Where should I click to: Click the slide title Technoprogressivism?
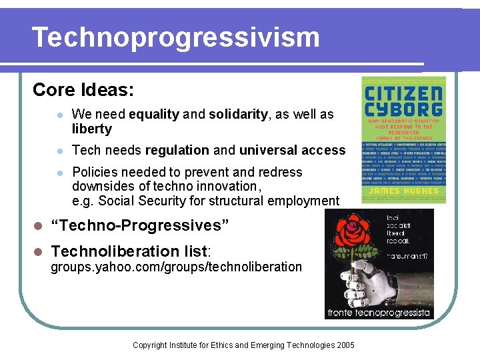[x=175, y=37]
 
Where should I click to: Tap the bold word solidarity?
[x=238, y=114]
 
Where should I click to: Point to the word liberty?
[x=91, y=129]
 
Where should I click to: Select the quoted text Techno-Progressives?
[x=140, y=225]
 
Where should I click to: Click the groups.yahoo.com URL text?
[x=177, y=267]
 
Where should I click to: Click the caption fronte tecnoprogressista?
[x=379, y=312]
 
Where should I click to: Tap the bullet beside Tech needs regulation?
[x=59, y=151]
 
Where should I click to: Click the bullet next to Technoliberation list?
[x=38, y=251]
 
